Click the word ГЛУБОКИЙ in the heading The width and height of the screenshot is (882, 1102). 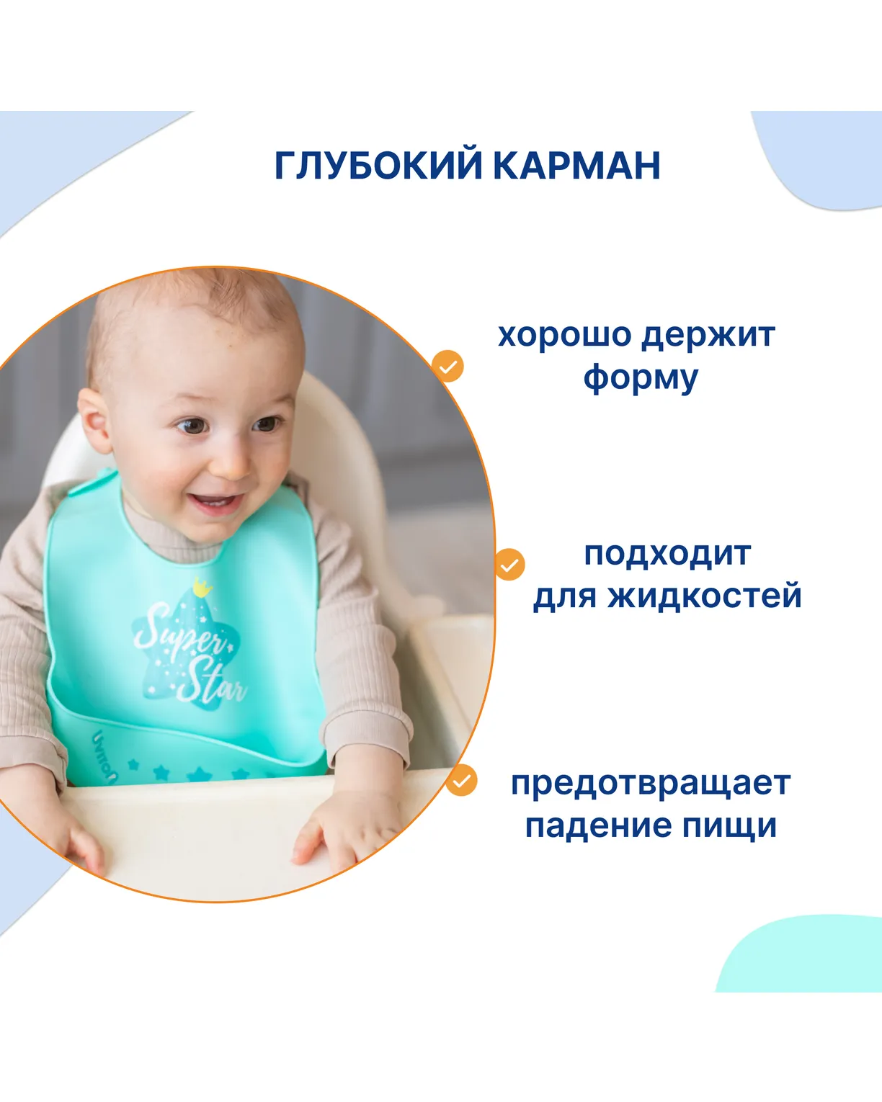click(x=378, y=165)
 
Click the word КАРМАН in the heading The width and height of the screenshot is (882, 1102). click(x=576, y=165)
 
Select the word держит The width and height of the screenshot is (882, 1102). click(x=709, y=336)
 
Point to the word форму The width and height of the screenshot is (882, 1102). click(x=641, y=379)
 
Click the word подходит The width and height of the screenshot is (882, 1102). click(x=667, y=555)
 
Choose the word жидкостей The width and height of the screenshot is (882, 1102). click(x=705, y=596)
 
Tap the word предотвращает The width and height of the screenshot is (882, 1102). click(x=651, y=784)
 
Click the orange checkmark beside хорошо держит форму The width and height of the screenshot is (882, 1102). click(x=447, y=366)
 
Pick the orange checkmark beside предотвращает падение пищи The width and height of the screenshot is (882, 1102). click(x=461, y=781)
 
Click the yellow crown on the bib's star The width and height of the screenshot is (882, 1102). click(x=202, y=587)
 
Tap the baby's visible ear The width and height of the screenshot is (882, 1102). click(x=95, y=420)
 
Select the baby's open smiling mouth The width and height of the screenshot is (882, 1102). click(x=214, y=503)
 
